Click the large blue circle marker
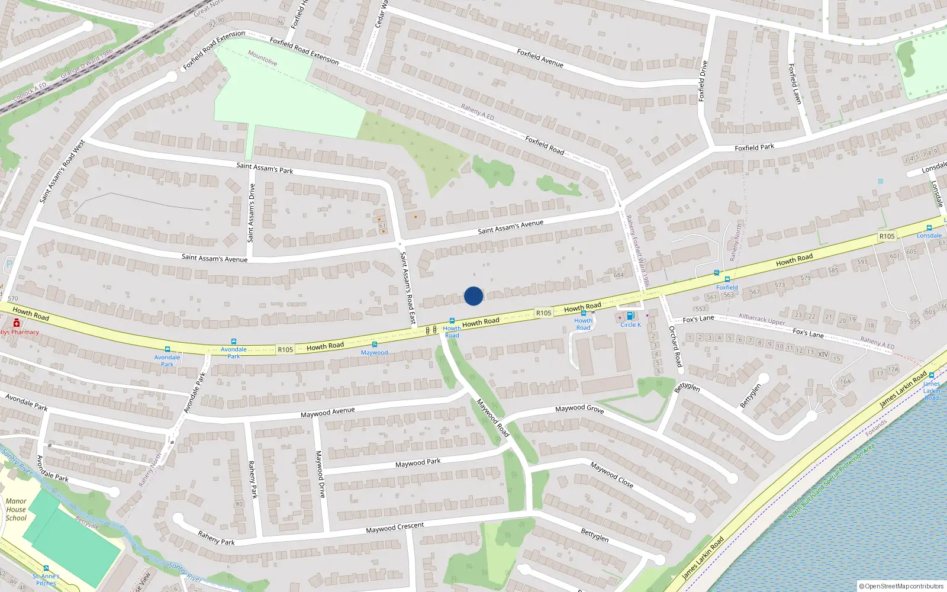click(474, 296)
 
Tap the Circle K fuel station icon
click(630, 316)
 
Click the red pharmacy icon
click(17, 323)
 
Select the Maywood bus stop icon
click(374, 345)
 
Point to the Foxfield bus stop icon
click(727, 279)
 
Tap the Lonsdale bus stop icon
click(929, 228)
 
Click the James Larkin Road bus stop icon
click(932, 375)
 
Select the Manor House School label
click(16, 509)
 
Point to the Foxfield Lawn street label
click(795, 84)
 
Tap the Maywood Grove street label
click(579, 408)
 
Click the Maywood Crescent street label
click(395, 527)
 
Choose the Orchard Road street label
click(675, 346)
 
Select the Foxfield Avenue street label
click(540, 57)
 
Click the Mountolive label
click(263, 58)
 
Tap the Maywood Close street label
click(611, 475)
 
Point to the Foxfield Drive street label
click(703, 81)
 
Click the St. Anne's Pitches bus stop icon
click(46, 569)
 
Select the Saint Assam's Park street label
click(265, 168)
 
